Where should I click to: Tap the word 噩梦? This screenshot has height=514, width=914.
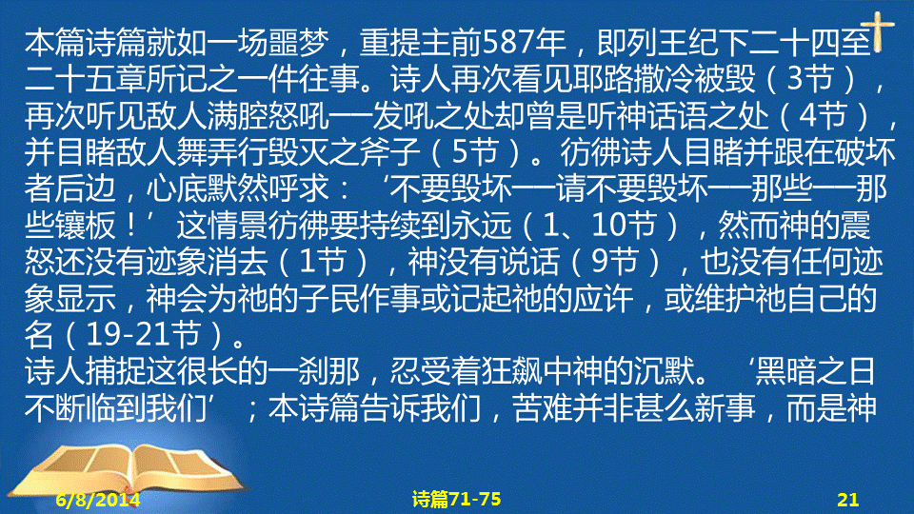[298, 42]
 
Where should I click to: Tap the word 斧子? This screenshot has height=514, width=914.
[389, 151]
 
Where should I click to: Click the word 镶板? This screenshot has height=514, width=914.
[86, 225]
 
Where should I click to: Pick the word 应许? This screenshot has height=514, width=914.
[603, 298]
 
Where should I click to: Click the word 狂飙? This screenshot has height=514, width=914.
[511, 371]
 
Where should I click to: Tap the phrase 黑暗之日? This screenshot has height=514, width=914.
[815, 371]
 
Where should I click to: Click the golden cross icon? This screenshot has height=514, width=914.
[878, 30]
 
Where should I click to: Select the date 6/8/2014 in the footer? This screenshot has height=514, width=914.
[98, 500]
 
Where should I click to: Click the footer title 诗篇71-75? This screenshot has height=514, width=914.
[456, 499]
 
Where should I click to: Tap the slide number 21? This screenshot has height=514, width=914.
[847, 500]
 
